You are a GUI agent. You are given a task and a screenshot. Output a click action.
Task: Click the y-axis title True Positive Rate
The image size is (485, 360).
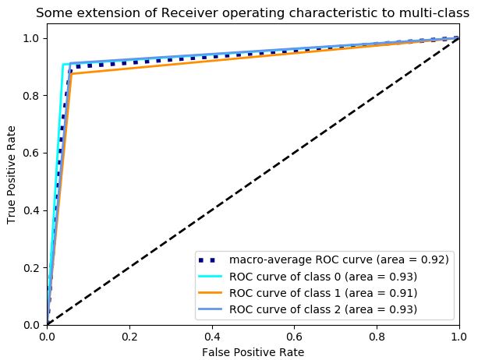12,182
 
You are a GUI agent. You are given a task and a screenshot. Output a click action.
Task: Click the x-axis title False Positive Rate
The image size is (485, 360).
253,351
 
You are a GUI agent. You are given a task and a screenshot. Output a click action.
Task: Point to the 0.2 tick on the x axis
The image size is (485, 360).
129,336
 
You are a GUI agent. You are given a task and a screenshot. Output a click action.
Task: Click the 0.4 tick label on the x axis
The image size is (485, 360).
212,336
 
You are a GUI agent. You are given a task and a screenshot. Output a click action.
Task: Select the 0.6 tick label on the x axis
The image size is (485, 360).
294,336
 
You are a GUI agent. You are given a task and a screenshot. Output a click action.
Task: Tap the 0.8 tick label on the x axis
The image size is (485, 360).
377,336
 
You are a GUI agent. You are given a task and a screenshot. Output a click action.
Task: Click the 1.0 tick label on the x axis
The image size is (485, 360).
458,336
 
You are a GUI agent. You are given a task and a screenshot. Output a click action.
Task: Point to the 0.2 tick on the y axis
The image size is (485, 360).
33,267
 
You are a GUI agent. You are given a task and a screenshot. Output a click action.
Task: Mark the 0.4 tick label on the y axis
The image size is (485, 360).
33,210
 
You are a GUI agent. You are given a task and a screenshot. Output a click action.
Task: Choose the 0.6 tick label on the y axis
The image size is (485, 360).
33,153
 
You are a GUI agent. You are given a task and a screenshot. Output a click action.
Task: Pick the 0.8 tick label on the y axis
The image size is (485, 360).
33,96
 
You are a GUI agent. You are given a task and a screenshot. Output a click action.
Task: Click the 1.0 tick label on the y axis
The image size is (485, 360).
33,39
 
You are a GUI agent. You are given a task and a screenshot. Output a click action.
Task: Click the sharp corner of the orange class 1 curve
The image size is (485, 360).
73,74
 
